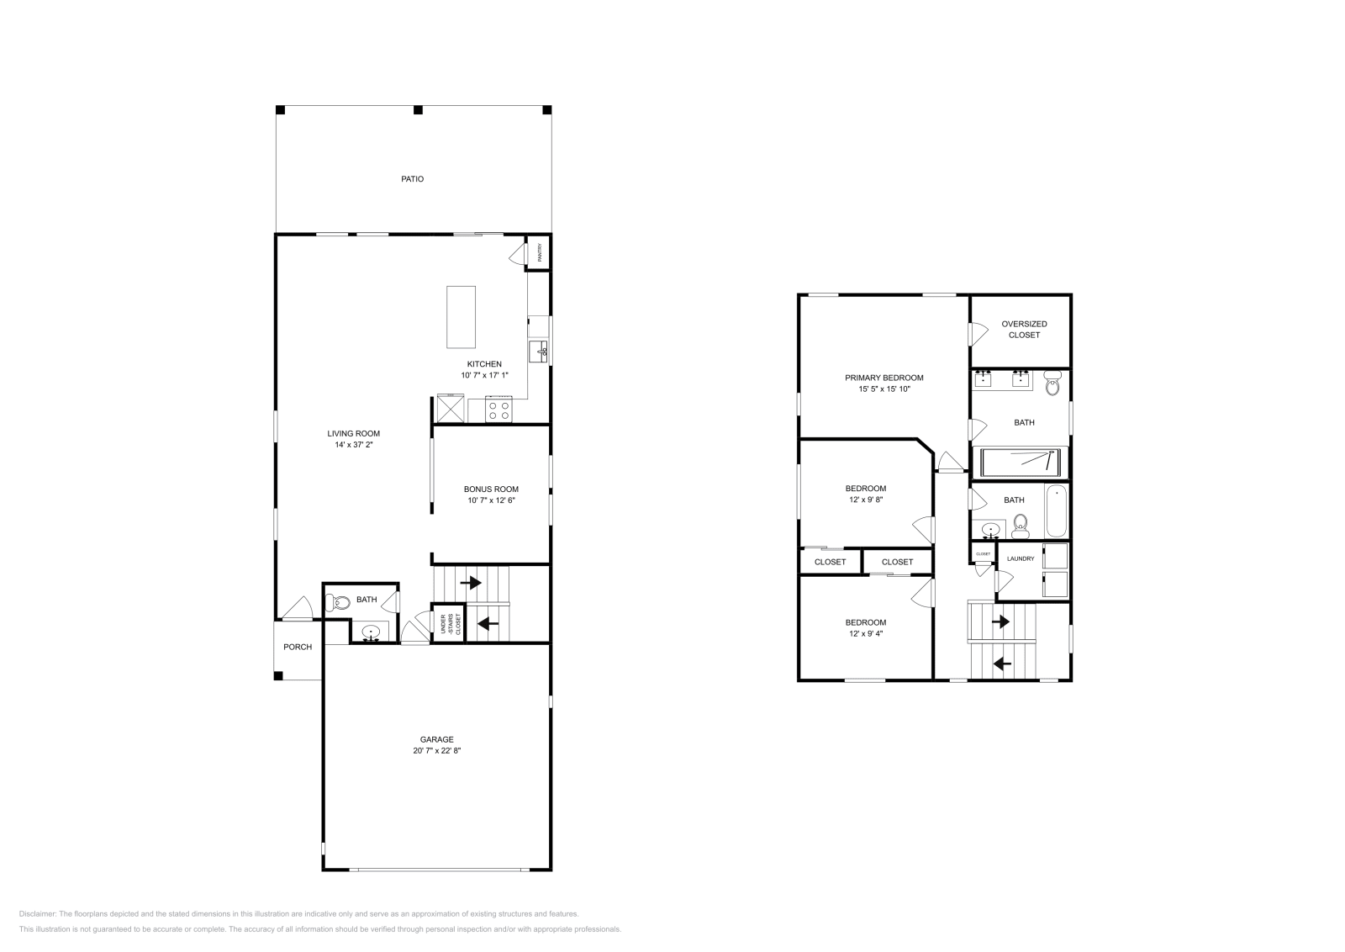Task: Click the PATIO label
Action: coord(412,179)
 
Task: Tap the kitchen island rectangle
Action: coord(461,317)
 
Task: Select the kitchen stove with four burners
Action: coord(499,410)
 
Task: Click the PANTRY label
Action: coord(539,251)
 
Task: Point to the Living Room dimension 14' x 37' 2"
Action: coord(353,445)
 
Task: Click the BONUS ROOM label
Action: coord(491,489)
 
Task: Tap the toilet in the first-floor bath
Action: coord(340,602)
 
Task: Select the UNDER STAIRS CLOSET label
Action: coord(448,624)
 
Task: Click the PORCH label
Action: coord(298,647)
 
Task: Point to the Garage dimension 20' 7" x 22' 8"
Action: coord(436,751)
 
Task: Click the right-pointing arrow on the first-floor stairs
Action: coord(470,582)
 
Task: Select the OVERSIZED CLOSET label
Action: coord(1024,329)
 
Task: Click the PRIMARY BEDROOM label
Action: coord(883,378)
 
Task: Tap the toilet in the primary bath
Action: coord(1052,386)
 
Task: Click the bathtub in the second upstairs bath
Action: coord(1056,511)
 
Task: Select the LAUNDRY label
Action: coord(1021,558)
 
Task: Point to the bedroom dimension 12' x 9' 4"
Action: coord(865,634)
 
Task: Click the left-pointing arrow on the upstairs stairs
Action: coord(1001,664)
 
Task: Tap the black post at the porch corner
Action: coord(279,675)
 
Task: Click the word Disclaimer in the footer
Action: coord(37,913)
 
